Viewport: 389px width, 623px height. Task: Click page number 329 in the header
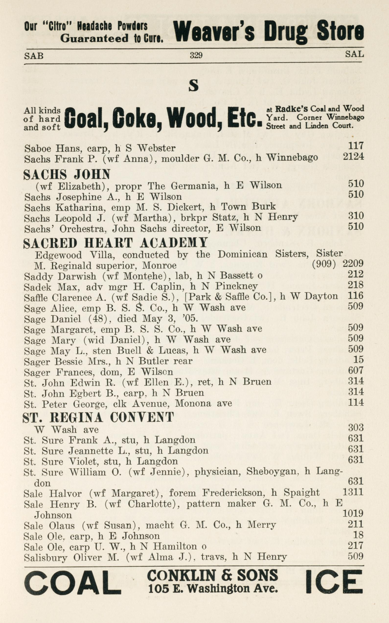click(x=196, y=55)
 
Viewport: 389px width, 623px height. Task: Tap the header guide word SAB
click(x=34, y=55)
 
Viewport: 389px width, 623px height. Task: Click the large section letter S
click(x=194, y=86)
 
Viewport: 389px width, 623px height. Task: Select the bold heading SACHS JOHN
click(x=67, y=174)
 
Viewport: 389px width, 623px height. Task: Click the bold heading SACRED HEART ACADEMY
click(x=115, y=243)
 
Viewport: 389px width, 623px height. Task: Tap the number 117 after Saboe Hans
click(x=356, y=146)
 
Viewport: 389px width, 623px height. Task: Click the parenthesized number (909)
click(x=324, y=263)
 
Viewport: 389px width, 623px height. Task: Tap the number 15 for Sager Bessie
click(x=358, y=359)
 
